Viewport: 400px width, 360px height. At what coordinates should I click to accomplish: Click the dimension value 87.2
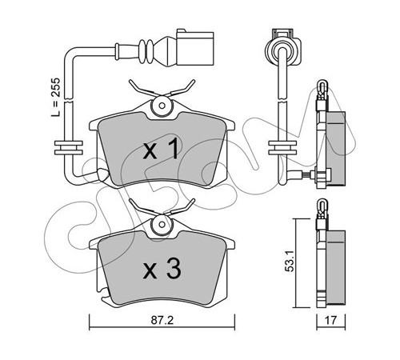click(x=162, y=321)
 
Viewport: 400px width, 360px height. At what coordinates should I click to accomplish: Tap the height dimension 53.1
click(x=290, y=261)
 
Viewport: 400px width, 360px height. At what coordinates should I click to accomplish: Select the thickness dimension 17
click(x=330, y=320)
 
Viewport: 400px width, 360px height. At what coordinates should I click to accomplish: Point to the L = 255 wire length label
click(x=56, y=97)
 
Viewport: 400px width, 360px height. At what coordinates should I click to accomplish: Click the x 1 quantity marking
click(x=161, y=150)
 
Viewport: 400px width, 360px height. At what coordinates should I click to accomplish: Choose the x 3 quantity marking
click(x=162, y=270)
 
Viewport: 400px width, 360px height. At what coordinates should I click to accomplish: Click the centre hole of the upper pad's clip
click(x=162, y=106)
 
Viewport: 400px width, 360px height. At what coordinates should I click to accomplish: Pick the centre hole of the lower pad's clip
click(x=162, y=225)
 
